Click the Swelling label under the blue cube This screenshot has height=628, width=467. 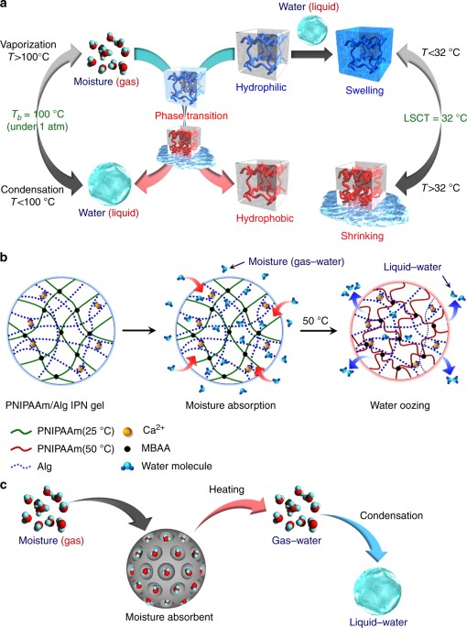(365, 94)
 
